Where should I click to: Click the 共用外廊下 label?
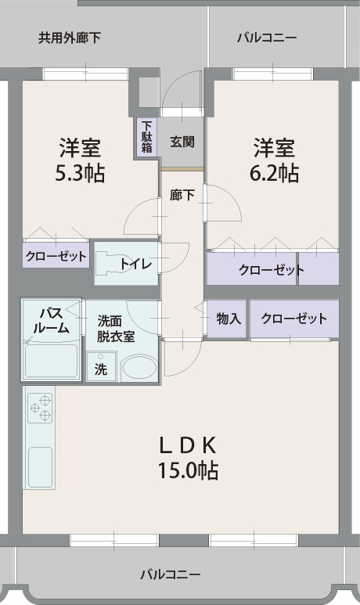coord(70,37)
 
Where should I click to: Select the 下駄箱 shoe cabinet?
coord(146,136)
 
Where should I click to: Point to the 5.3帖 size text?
coord(80,173)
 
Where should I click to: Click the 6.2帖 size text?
coord(273,173)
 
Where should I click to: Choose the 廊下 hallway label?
coord(182,196)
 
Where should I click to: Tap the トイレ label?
coord(135,264)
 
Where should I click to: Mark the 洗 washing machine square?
coord(101,368)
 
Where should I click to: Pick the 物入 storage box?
coord(228,319)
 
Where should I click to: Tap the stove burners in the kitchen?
coord(39,408)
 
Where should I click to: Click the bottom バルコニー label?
coord(170,574)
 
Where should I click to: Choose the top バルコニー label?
coord(266,37)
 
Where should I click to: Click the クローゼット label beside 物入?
coord(294,319)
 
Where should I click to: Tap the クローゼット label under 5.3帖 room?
coord(56,255)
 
